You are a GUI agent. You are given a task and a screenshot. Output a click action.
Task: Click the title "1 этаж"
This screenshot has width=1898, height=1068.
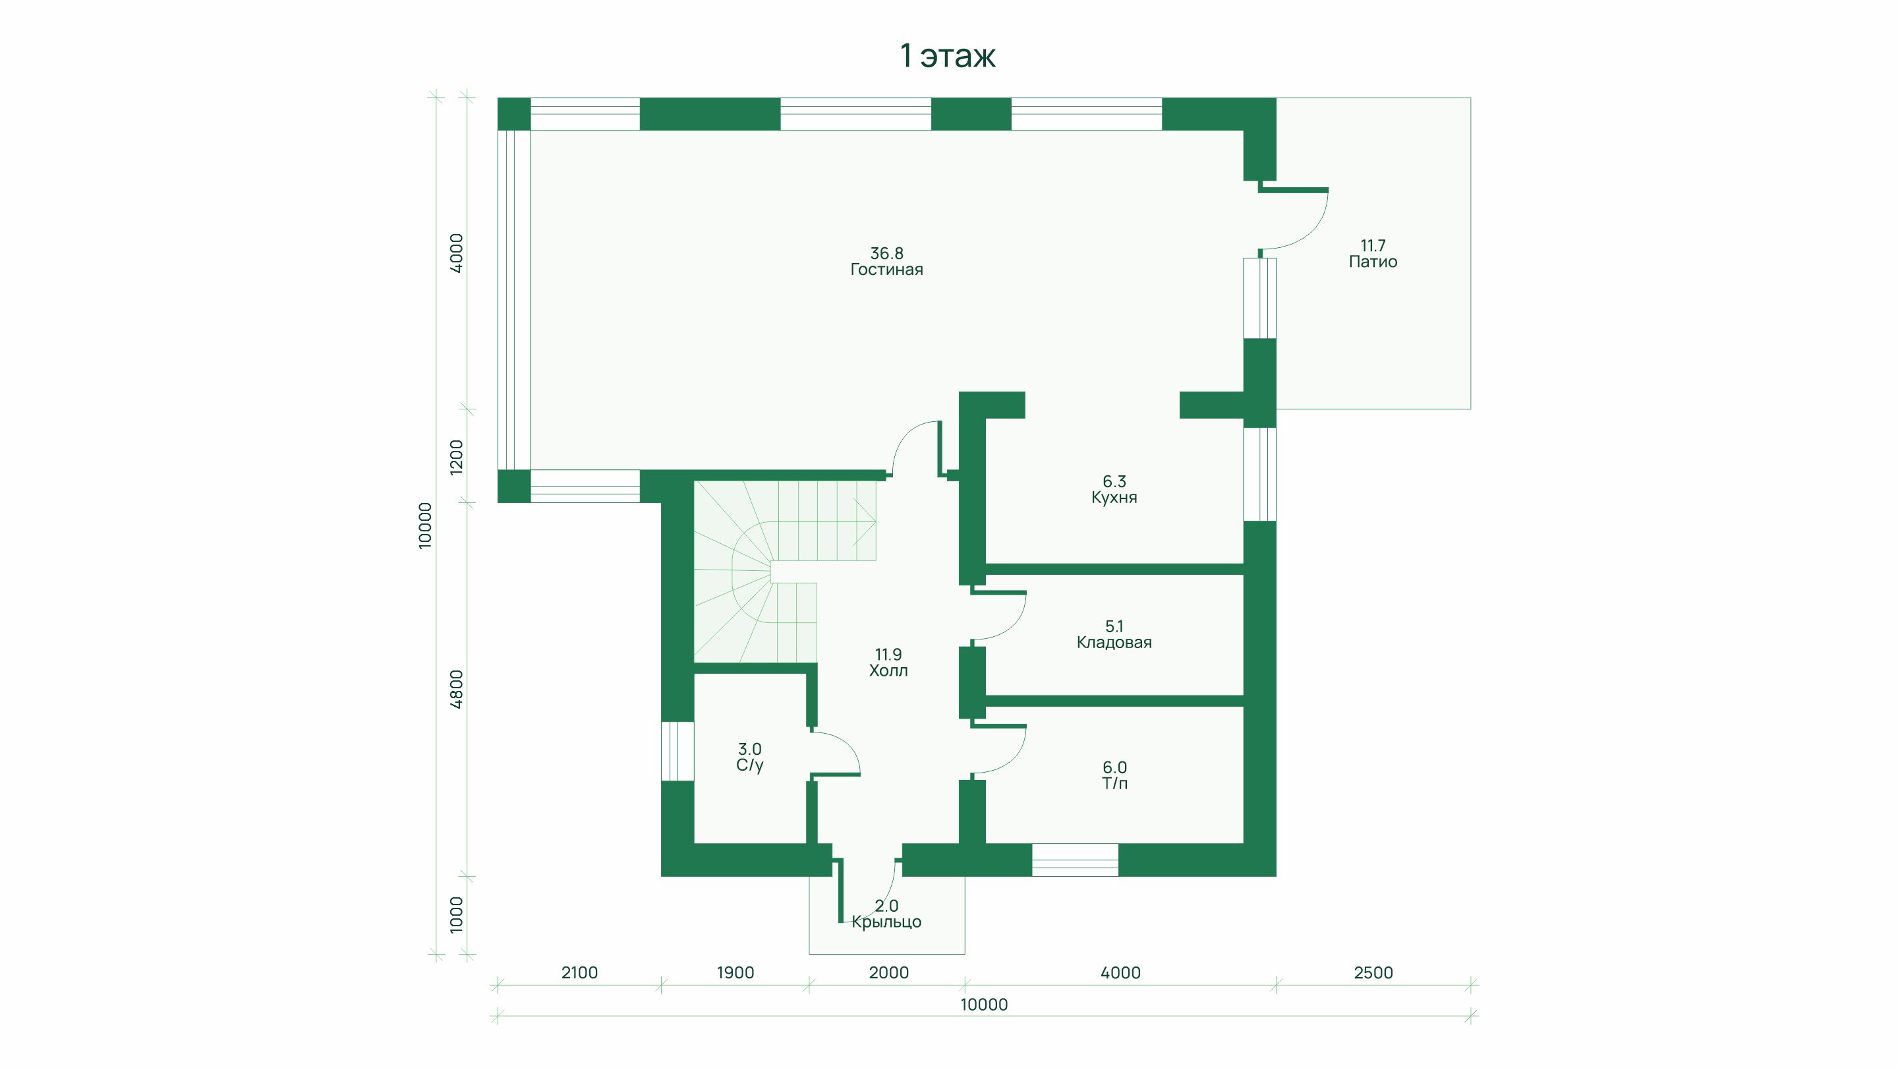point(948,56)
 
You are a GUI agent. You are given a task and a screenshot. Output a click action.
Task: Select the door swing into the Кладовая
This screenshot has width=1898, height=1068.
point(998,616)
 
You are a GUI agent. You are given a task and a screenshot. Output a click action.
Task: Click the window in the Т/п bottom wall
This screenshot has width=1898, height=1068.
point(1075,860)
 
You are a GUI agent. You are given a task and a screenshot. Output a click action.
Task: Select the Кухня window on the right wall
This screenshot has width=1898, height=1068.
point(1260,474)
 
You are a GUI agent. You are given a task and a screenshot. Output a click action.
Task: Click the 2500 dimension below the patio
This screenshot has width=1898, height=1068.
point(1373,973)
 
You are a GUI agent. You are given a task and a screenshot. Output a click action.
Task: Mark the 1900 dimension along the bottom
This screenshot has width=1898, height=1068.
point(735,973)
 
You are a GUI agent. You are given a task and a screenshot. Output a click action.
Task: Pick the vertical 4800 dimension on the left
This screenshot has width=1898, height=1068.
point(457,689)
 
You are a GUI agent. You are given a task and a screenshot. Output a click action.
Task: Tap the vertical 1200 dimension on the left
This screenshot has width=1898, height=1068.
point(457,456)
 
